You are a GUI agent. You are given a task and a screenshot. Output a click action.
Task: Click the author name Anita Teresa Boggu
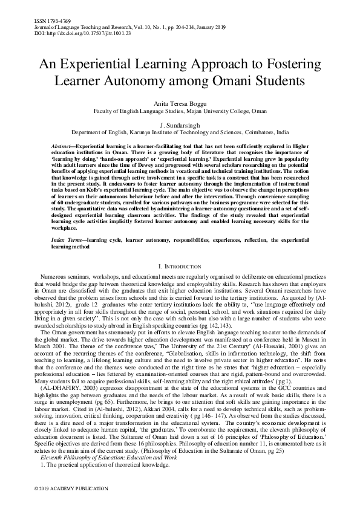click(x=180, y=103)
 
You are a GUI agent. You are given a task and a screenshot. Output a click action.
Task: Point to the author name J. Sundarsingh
click(x=180, y=123)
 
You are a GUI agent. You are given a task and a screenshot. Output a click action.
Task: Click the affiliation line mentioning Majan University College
click(x=180, y=111)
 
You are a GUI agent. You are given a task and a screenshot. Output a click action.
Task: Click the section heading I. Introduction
click(x=180, y=266)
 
